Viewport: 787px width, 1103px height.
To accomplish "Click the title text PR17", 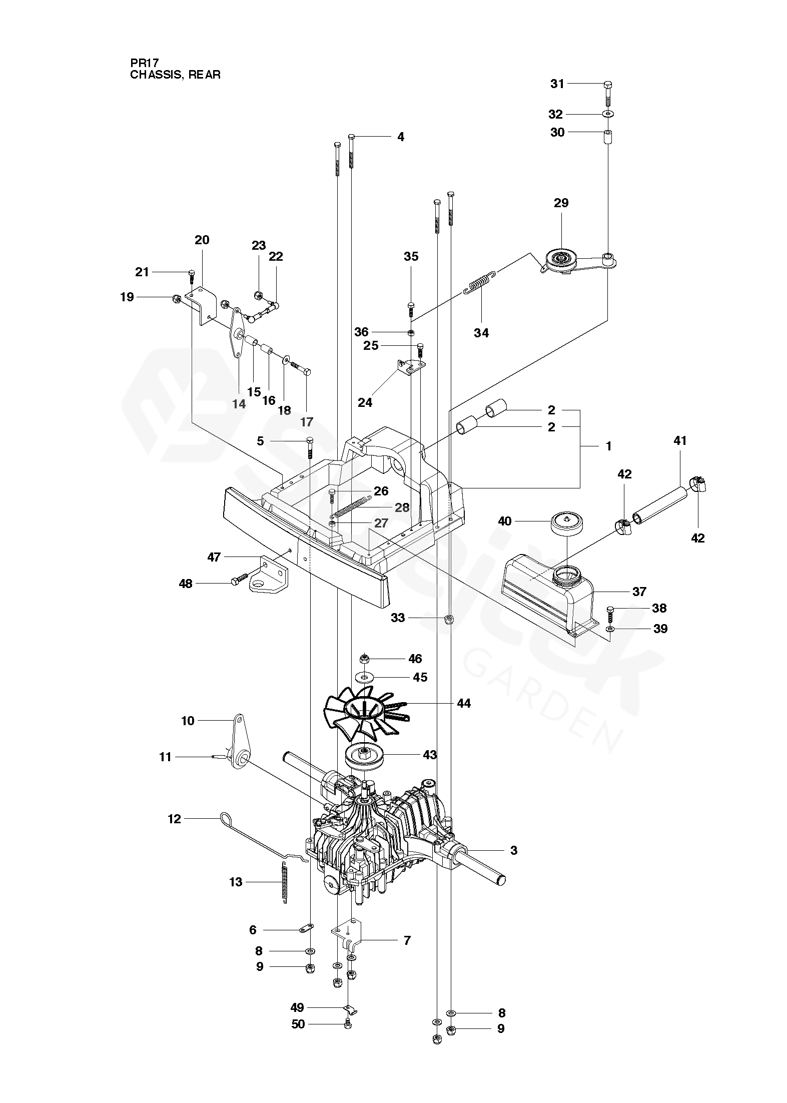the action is click(x=145, y=64).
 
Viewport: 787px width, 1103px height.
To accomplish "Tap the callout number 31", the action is click(x=557, y=84).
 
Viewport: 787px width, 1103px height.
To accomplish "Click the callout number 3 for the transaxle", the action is click(x=514, y=850).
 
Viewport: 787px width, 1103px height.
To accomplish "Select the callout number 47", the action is click(x=214, y=557).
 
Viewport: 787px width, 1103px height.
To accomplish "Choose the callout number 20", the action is click(x=202, y=240).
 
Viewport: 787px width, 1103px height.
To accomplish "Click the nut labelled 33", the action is click(x=449, y=619).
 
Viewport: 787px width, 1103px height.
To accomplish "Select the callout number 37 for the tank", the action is click(x=639, y=592).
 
